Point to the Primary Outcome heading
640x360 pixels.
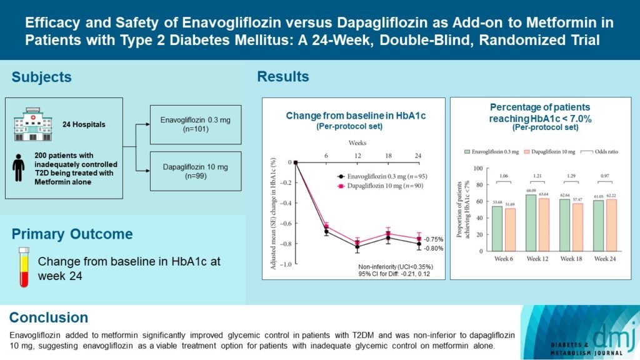72,234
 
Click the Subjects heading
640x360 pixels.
42,77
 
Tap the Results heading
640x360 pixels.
283,77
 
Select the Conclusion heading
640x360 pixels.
49,317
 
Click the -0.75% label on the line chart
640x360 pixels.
433,239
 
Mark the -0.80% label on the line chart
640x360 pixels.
433,248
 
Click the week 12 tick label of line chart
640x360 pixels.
356,155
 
